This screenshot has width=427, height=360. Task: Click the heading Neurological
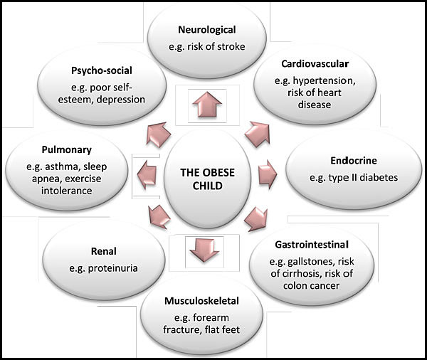pos(207,30)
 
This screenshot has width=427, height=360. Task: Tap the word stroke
pos(231,46)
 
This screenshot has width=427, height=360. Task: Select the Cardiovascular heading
pos(315,64)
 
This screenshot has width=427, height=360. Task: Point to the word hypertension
pos(324,81)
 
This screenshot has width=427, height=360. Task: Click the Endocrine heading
pos(354,160)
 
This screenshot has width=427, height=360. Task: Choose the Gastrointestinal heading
pos(312,245)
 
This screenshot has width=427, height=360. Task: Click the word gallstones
pos(311,262)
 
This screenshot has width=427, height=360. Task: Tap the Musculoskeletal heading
pos(201,301)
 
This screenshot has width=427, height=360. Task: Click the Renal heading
pos(104,251)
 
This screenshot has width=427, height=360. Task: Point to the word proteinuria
pos(112,268)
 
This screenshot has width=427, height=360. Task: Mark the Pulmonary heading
pos(67,150)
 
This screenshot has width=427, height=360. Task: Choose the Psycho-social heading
pos(102,70)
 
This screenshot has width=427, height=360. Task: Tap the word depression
pos(121,100)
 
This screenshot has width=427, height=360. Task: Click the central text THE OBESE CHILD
pos(208,179)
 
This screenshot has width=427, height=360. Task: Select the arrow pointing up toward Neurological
pos(207,105)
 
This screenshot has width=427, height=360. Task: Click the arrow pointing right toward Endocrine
pos(268,174)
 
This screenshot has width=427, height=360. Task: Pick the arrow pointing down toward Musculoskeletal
pos(204,251)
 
